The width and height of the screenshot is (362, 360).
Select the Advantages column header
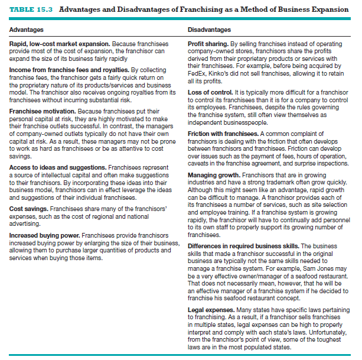point(25,30)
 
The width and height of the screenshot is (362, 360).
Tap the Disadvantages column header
point(209,30)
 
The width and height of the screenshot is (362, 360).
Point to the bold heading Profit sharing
point(207,44)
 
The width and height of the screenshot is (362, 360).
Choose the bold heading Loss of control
point(210,92)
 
